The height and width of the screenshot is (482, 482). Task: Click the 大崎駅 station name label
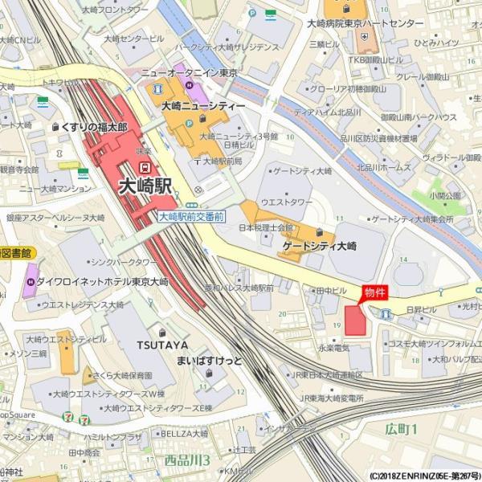pyautogui.click(x=145, y=186)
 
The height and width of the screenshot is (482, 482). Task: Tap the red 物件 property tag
pyautogui.click(x=375, y=293)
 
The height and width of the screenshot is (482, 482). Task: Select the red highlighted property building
pyautogui.click(x=354, y=320)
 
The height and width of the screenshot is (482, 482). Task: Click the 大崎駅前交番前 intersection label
pyautogui.click(x=191, y=217)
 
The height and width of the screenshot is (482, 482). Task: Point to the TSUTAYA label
pyautogui.click(x=161, y=345)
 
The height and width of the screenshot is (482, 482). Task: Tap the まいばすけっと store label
pyautogui.click(x=209, y=360)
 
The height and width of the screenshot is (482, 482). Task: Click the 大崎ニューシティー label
pyautogui.click(x=203, y=106)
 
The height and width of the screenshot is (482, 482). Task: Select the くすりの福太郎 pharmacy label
pyautogui.click(x=94, y=127)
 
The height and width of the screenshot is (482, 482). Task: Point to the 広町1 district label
pyautogui.click(x=401, y=429)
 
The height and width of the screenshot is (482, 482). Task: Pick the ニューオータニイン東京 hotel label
pyautogui.click(x=189, y=72)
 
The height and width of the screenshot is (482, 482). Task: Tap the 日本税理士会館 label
pyautogui.click(x=270, y=228)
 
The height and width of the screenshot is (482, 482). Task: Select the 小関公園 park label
pyautogui.click(x=445, y=195)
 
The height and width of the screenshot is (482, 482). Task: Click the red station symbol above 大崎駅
pyautogui.click(x=145, y=166)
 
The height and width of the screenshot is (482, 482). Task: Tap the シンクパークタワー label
pyautogui.click(x=124, y=262)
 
